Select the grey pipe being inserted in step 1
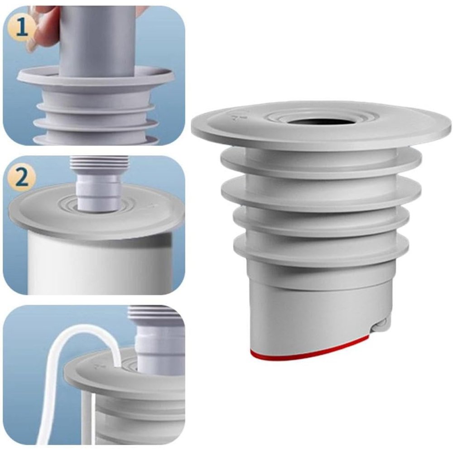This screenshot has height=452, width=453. point(98,40)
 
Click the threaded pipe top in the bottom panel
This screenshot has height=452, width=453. point(156,312)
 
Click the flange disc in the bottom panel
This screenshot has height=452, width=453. point(124,376)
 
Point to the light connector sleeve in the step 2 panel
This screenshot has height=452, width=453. point(98,192)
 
